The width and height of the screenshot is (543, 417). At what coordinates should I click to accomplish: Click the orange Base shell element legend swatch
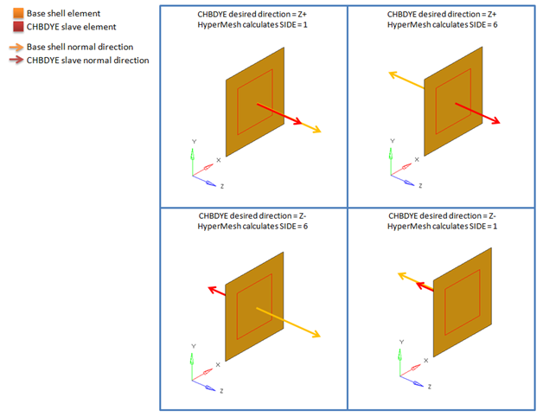(18, 14)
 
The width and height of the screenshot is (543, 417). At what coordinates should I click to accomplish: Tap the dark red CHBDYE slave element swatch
(18, 27)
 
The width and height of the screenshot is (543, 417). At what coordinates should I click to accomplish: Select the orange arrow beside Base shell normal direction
(16, 47)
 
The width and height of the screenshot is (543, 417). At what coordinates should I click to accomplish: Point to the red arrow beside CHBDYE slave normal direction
(16, 60)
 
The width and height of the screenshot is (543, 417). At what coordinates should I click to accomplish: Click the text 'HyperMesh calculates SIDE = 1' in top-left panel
(252, 24)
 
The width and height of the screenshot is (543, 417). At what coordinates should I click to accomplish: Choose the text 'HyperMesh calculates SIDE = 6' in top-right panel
(442, 24)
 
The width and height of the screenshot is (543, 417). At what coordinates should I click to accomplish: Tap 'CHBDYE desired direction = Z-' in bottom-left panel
(252, 216)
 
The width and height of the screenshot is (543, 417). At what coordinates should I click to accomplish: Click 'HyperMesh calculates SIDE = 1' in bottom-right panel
(442, 227)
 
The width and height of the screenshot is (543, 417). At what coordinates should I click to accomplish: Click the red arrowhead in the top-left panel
(297, 121)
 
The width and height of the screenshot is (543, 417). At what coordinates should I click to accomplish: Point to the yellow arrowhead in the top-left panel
(316, 130)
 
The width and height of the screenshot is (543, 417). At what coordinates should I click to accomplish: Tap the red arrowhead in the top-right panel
(495, 120)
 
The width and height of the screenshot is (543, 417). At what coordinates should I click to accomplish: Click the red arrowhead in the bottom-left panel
(212, 289)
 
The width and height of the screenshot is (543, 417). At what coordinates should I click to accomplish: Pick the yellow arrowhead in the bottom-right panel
(402, 276)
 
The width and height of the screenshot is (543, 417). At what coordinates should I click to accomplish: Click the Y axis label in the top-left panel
(194, 141)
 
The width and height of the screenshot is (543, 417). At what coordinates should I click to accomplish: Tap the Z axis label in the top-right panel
(420, 186)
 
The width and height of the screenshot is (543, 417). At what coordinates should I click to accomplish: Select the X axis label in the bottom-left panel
(218, 364)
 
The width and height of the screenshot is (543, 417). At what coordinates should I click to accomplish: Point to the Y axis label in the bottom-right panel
(401, 342)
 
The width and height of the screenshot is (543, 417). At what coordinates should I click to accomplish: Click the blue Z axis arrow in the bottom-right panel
(412, 381)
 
